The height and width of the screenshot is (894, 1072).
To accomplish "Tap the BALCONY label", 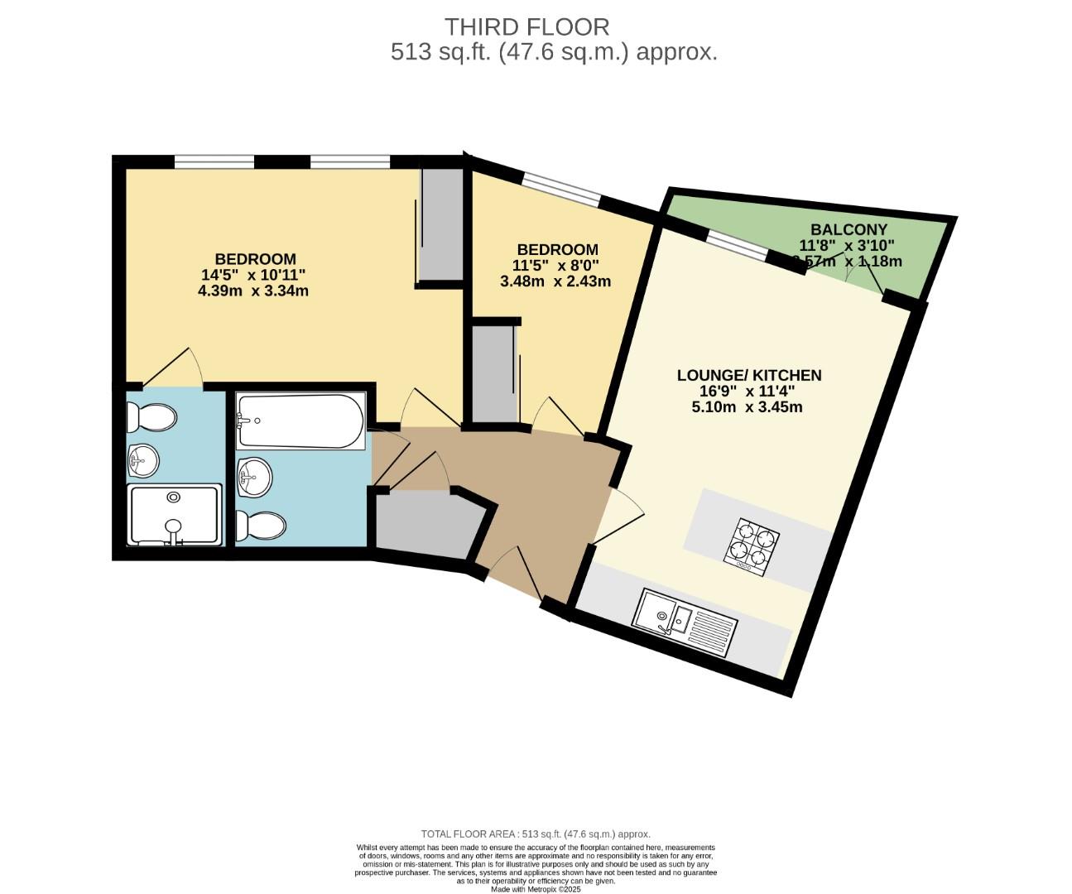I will point(848,229).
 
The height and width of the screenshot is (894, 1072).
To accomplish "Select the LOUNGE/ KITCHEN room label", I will point(748,375).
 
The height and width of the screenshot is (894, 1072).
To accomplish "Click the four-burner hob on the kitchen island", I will point(752,546).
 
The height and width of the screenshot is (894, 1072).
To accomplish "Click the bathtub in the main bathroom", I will point(300,421).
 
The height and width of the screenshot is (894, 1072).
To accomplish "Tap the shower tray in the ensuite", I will point(174,515).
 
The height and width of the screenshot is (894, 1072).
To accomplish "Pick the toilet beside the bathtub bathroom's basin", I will point(261,525).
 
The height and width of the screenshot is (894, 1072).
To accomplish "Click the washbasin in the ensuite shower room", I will point(144,459).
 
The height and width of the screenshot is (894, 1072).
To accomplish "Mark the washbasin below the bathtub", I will point(254,477).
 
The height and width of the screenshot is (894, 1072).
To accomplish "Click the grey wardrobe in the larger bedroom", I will point(441,223).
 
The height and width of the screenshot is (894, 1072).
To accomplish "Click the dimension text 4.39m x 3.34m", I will point(253,291).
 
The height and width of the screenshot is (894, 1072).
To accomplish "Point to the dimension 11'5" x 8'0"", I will point(555,265).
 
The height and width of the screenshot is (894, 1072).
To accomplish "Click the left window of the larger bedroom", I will point(214,161).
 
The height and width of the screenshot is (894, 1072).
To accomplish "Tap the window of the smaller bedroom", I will point(561,188).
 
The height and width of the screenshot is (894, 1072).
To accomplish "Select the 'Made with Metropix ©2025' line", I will point(536,889).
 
